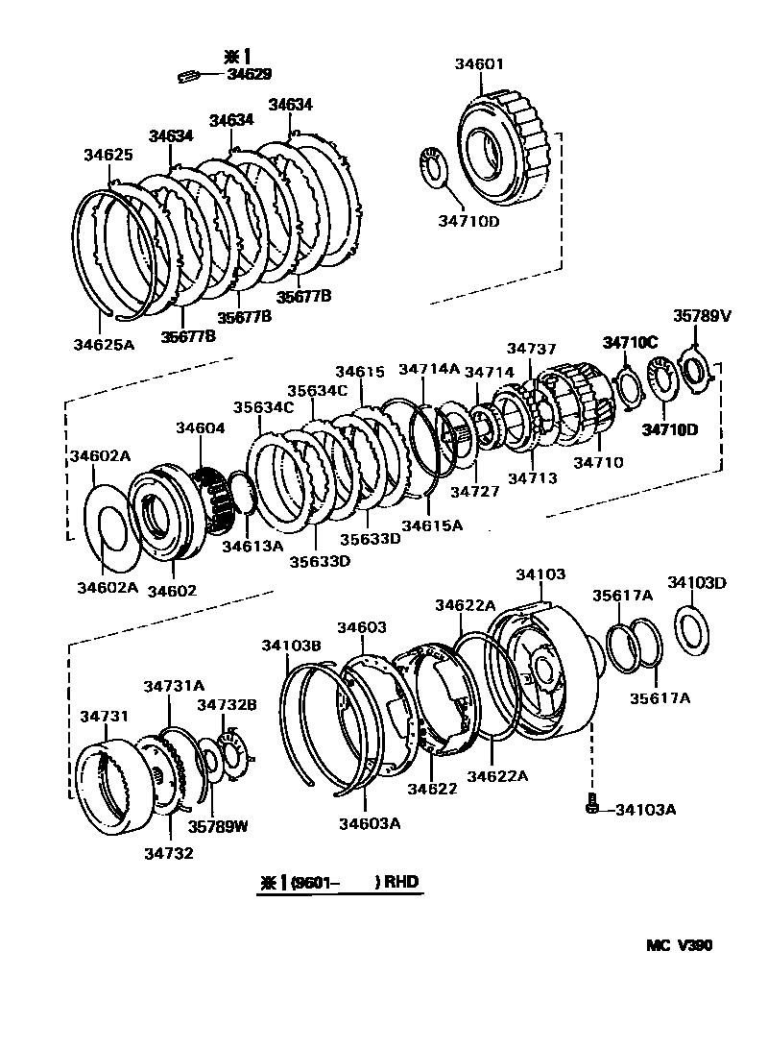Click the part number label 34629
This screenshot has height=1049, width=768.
tap(248, 74)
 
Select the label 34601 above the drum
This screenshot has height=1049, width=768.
tap(479, 64)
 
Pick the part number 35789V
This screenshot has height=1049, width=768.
tap(701, 314)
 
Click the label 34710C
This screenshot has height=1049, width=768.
tap(630, 341)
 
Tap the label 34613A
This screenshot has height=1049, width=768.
tap(252, 546)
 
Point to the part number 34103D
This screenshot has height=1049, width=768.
tap(698, 582)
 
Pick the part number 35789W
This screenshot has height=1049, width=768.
tap(218, 825)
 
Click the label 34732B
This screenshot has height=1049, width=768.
tap(227, 704)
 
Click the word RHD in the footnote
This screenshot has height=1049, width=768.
tap(402, 882)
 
